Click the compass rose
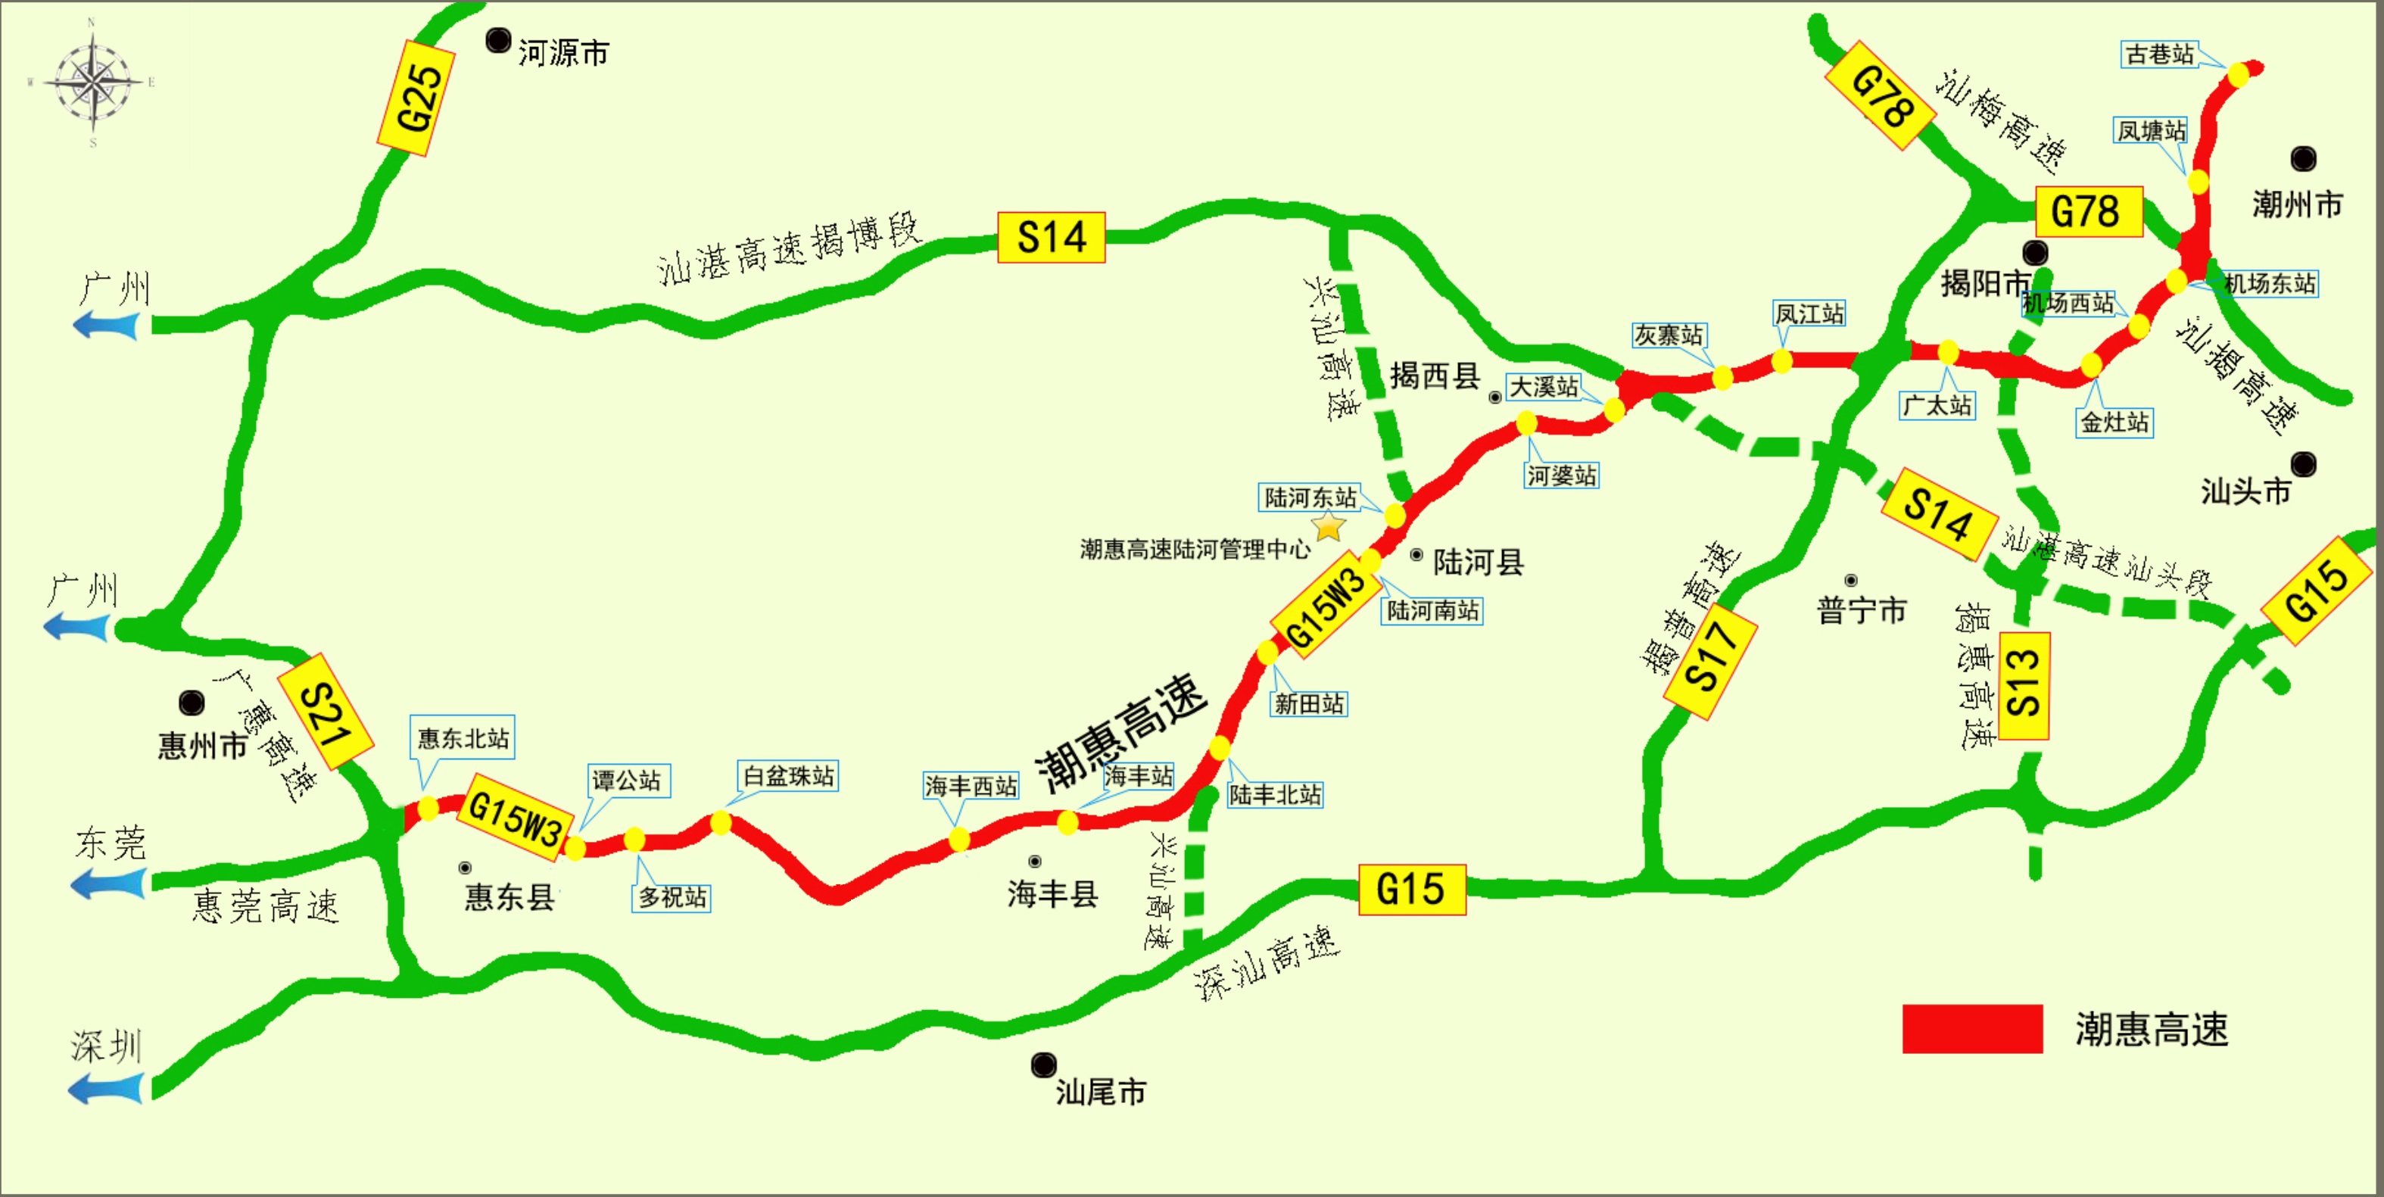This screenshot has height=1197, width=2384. coord(93,83)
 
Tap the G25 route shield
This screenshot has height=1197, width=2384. coord(416,97)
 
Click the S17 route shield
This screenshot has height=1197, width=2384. coord(1710,662)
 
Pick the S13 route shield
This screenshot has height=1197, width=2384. coord(2024,685)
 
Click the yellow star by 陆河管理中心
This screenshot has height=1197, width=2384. coord(1329,527)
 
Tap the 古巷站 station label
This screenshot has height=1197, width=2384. coord(2159,55)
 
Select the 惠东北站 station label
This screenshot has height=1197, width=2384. coord(463,738)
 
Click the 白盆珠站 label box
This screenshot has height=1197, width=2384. coord(789,776)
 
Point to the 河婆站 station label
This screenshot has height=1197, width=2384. coord(1562,475)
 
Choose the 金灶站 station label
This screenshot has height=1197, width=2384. coord(2114,422)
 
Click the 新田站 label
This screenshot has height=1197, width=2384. coord(1309,703)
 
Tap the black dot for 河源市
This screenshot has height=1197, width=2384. coord(499,41)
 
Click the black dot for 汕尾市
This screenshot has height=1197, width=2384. coord(1044,1065)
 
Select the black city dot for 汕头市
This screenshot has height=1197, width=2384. coord(2304,464)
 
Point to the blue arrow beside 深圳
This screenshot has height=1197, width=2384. coord(107,1088)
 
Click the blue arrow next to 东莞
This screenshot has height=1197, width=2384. coord(108,884)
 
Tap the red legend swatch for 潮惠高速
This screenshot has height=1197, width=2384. coord(1972,1028)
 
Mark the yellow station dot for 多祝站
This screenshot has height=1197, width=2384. coord(634,840)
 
